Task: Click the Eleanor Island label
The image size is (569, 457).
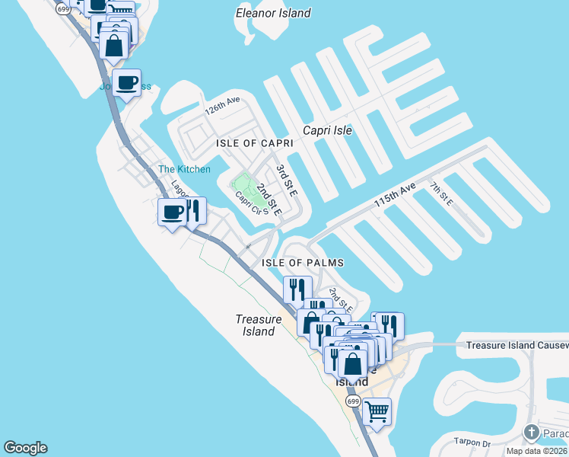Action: (x=273, y=13)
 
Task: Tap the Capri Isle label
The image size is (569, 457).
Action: (x=327, y=130)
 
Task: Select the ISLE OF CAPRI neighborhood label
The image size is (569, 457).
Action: (x=254, y=143)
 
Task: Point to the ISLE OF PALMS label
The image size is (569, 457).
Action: (x=303, y=263)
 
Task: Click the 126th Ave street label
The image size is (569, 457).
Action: (x=222, y=105)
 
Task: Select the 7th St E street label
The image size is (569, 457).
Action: (x=440, y=193)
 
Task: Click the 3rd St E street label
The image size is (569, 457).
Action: (x=284, y=179)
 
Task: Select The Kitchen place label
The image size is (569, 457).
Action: (x=184, y=169)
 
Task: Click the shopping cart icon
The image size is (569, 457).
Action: (x=377, y=412)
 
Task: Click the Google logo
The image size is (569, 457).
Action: (x=25, y=448)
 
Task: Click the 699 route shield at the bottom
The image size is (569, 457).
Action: (x=352, y=401)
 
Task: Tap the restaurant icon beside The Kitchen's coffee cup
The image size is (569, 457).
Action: (x=193, y=211)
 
